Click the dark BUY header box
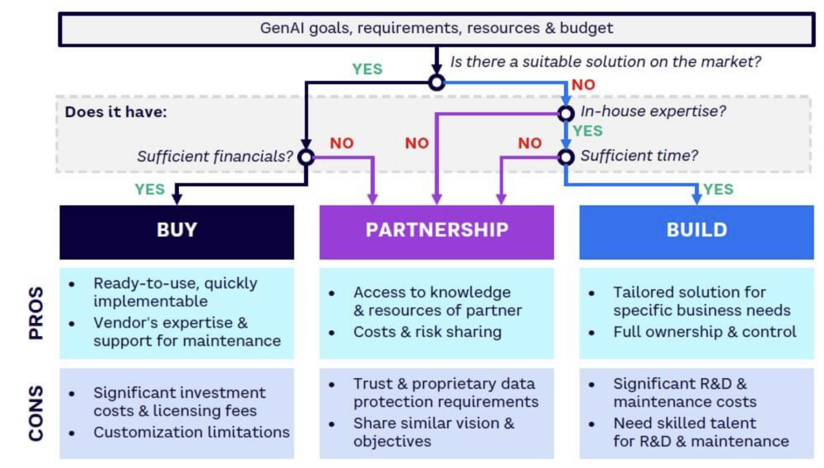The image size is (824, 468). tap(176, 232)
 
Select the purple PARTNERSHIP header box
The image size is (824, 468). tap(437, 232)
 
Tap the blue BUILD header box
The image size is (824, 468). tap(696, 232)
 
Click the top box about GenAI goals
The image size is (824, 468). tap(437, 29)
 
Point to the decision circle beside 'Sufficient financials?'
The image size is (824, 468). tap(306, 157)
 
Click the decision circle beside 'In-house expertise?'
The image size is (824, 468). tap(565, 113)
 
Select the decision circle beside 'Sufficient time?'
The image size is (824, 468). tap(565, 157)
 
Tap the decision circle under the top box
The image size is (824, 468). tap(437, 83)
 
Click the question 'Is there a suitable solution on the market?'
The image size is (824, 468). tap(605, 62)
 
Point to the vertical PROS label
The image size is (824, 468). tap(36, 312)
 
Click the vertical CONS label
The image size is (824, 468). tap(36, 413)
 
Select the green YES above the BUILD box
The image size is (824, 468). tap(718, 189)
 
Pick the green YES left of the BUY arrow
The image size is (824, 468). tap(150, 189)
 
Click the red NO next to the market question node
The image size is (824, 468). tap(583, 85)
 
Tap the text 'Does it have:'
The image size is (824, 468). tap(116, 112)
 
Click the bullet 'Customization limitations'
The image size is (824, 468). tap(191, 432)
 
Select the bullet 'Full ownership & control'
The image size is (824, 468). tap(704, 332)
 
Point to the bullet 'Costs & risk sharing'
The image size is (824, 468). tap(427, 332)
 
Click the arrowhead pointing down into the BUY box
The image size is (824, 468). tap(176, 199)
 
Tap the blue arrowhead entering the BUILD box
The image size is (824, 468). tap(696, 198)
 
